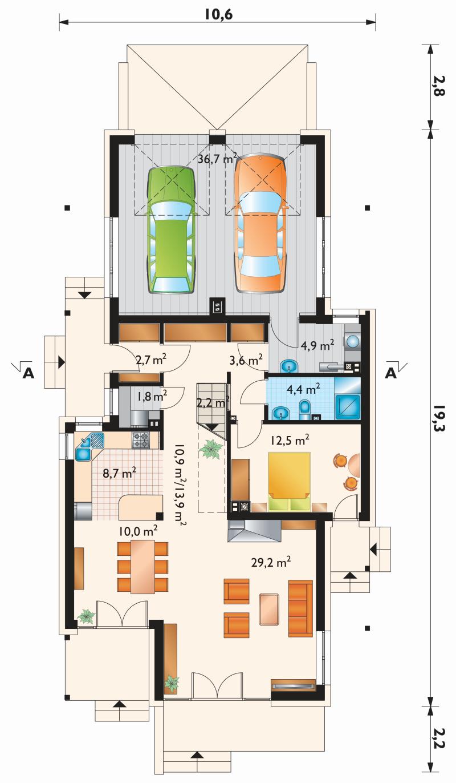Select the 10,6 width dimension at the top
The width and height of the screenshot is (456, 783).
pyautogui.click(x=218, y=15)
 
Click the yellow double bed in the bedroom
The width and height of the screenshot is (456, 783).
pyautogui.click(x=289, y=482)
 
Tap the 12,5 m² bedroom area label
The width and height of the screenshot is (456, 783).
pyautogui.click(x=289, y=441)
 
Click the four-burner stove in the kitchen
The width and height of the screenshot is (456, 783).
pyautogui.click(x=141, y=440)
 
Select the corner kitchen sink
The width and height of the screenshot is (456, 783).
pyautogui.click(x=89, y=446)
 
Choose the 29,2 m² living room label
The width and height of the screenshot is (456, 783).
pyautogui.click(x=271, y=562)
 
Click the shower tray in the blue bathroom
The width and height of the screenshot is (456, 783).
pyautogui.click(x=347, y=406)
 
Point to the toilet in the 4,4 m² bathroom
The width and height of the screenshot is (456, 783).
pyautogui.click(x=305, y=410)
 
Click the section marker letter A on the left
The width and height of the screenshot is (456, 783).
pyautogui.click(x=28, y=374)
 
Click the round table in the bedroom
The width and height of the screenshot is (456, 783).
pyautogui.click(x=354, y=465)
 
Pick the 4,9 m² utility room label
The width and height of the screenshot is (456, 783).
pyautogui.click(x=317, y=345)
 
